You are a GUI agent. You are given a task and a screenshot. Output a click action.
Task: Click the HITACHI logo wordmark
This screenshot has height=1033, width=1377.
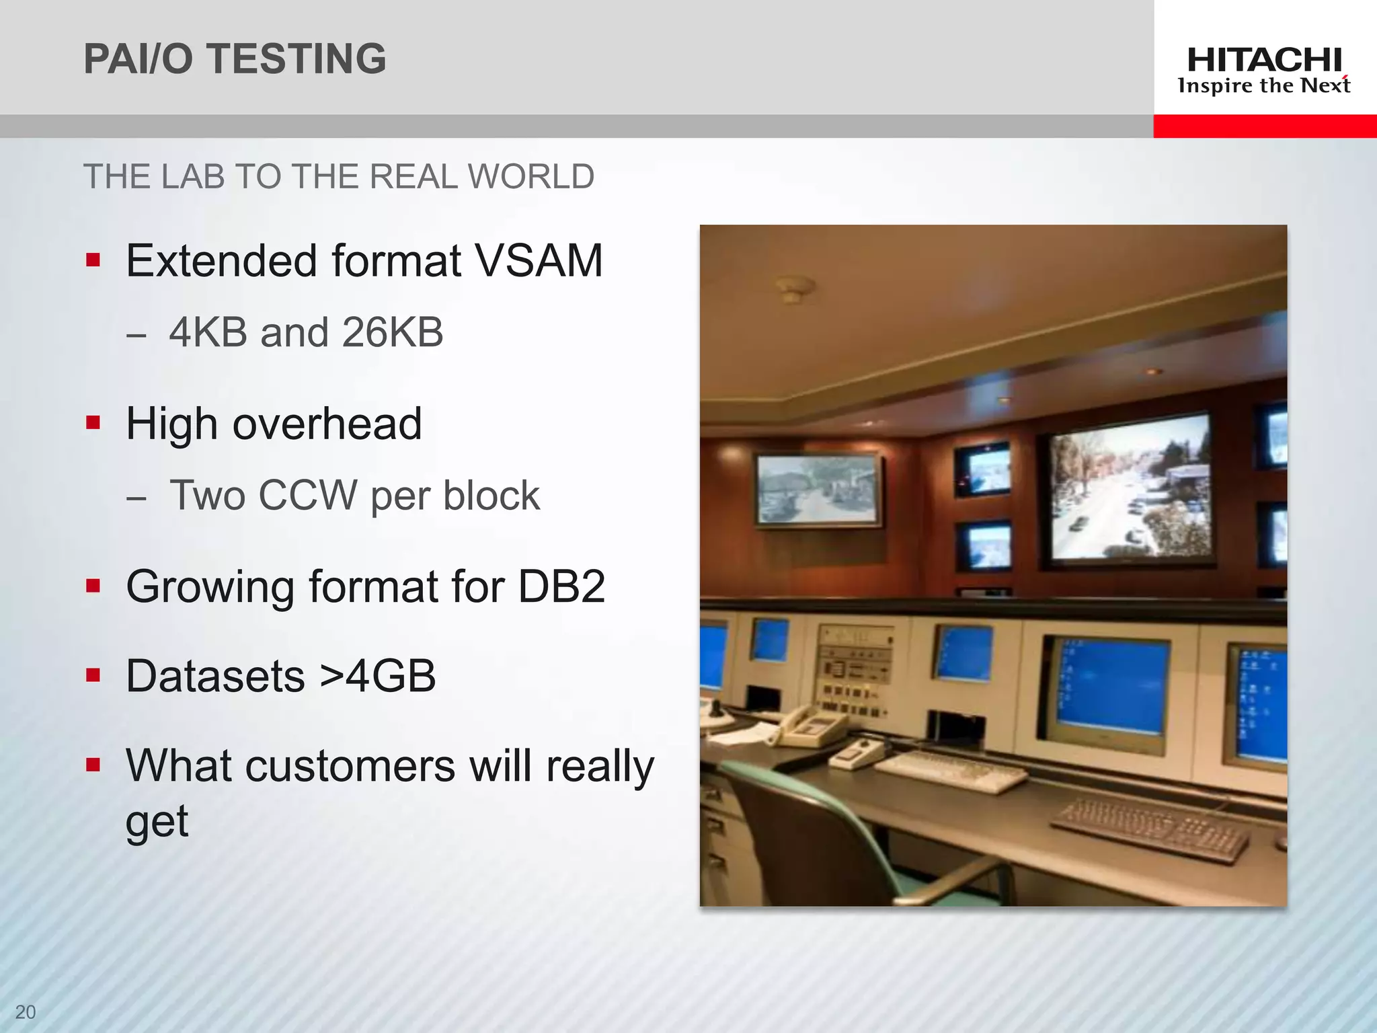(x=1264, y=61)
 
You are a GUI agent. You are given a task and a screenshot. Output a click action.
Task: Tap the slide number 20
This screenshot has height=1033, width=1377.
(x=26, y=1011)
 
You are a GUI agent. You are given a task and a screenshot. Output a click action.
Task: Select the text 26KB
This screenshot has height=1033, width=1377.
(x=392, y=332)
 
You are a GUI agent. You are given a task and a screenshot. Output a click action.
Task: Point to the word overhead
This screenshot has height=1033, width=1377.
(x=327, y=424)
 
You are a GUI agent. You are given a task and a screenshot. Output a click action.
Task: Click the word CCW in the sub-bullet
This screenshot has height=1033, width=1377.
(x=308, y=496)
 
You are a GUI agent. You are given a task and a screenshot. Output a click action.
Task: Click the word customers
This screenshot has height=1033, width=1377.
(x=350, y=766)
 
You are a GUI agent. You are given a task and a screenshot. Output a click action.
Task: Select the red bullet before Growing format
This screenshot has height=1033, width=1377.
(x=93, y=586)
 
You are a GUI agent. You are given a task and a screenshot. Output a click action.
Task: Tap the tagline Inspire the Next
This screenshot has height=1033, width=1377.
(x=1264, y=86)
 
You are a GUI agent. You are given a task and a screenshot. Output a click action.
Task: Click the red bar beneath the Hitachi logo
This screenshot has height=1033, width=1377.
(x=1264, y=126)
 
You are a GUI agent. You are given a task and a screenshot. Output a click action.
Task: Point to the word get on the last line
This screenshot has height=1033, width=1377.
(x=157, y=822)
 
